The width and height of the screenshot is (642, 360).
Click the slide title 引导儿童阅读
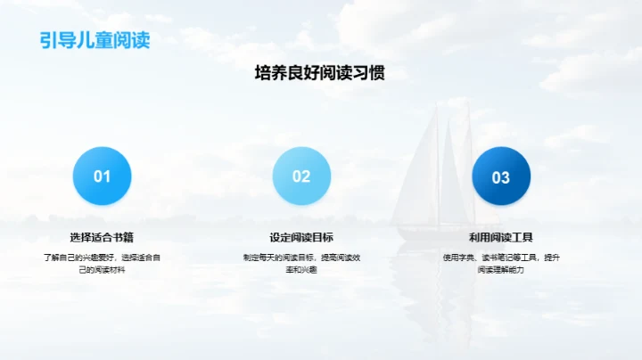coord(95,40)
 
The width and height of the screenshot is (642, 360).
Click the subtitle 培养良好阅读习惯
coord(320,74)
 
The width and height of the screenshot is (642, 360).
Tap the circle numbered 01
coord(102,176)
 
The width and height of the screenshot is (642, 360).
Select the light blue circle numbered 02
coord(301,176)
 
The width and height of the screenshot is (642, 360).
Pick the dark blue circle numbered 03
coord(501,176)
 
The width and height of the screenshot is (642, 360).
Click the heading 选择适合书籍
coord(102,237)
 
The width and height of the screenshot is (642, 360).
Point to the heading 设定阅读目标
coord(301,237)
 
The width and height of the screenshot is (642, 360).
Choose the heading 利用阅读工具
coord(501,237)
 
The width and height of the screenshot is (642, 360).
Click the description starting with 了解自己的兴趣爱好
coord(102,263)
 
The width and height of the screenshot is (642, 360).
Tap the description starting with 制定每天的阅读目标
coord(301,263)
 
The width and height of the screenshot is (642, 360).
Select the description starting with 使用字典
coord(501,263)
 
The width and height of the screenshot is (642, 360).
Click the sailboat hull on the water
coord(437,233)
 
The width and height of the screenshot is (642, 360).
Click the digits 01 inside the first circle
coord(102,176)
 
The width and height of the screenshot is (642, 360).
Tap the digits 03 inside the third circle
coord(501,177)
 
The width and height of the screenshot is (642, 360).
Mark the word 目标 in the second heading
coord(323,237)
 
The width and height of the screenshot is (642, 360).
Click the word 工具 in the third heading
coord(523,237)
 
